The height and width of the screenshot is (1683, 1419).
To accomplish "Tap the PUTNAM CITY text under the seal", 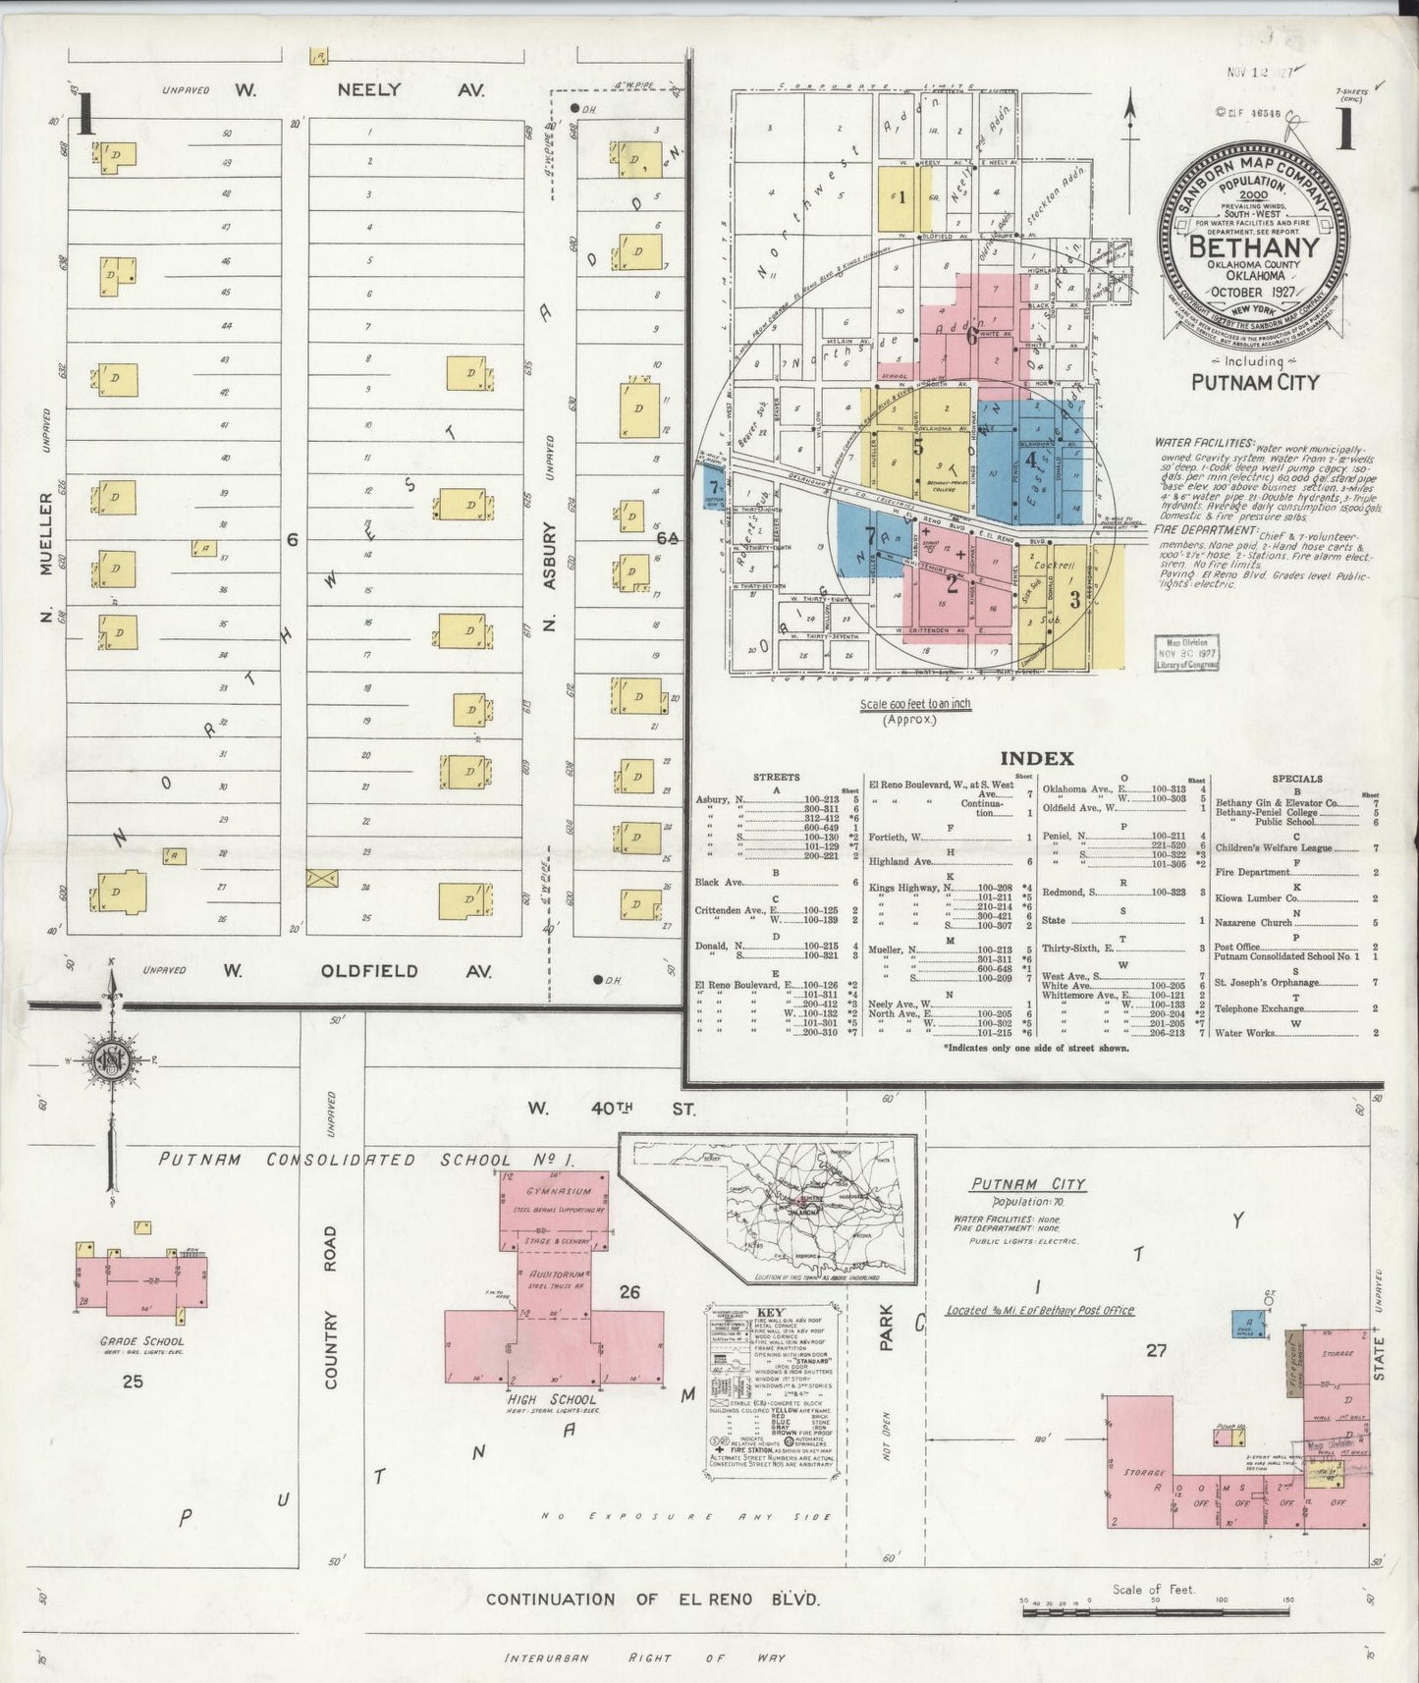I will (1255, 381).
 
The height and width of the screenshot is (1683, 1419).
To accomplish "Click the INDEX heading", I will (1036, 758).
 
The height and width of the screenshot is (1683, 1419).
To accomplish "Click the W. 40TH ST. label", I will (612, 1109).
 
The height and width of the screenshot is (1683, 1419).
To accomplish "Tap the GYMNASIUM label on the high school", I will (552, 1191).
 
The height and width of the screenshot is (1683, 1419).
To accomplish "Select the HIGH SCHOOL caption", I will (551, 1399).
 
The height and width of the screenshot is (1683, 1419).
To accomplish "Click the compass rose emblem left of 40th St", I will (110, 1060).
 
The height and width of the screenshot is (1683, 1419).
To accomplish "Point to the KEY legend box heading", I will (769, 1314).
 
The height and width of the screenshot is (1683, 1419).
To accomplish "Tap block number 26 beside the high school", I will (628, 1292).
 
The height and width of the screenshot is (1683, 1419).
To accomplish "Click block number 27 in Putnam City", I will (1156, 1350).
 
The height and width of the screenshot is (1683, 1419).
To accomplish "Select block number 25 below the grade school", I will (133, 1382).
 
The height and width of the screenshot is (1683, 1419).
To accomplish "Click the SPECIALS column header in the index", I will (1297, 778).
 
